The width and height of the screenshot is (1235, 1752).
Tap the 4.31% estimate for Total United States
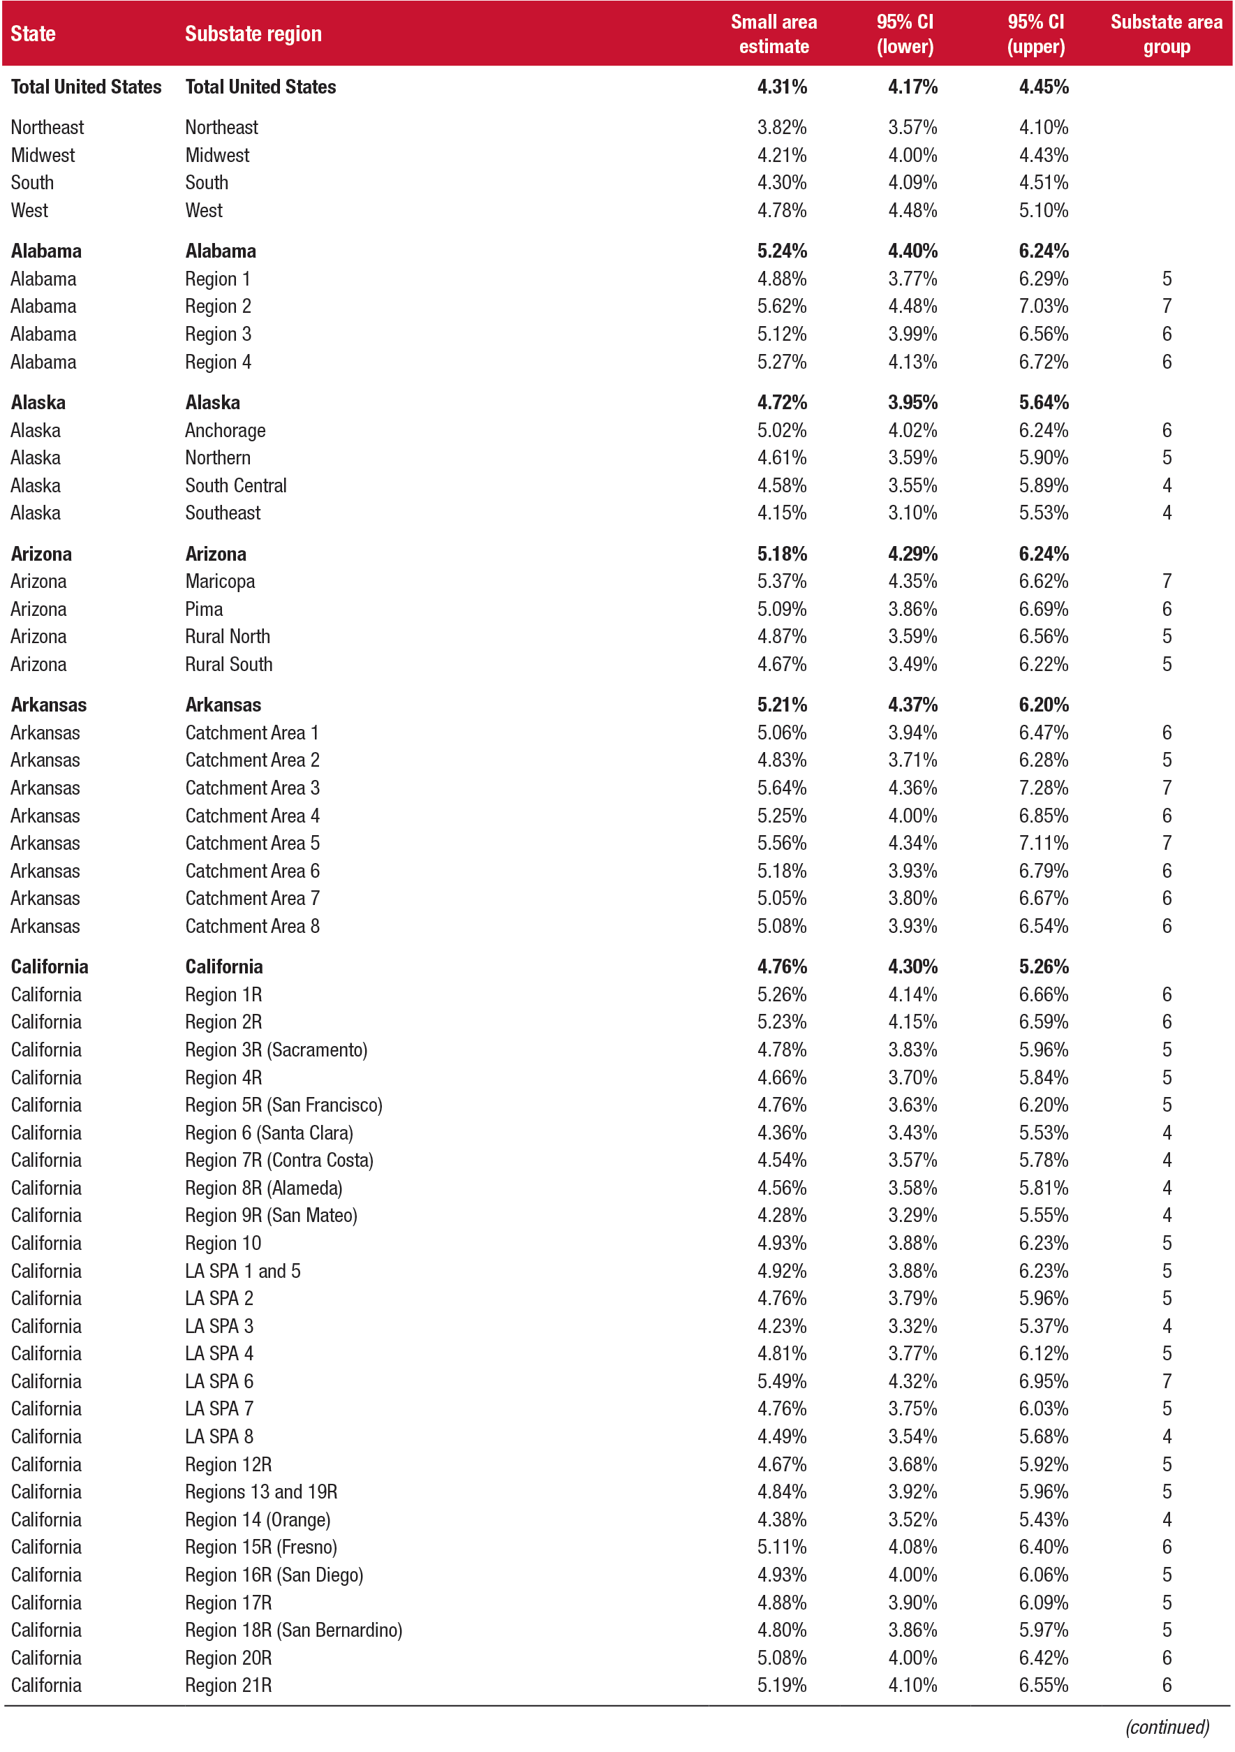(781, 87)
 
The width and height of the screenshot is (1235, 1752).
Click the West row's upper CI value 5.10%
(1043, 211)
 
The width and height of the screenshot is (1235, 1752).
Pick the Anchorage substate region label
(225, 430)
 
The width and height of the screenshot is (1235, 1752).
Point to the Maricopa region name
(220, 582)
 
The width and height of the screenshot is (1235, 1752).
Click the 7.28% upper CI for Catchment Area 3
(1043, 788)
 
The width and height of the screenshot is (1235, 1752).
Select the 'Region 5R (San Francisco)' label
(283, 1105)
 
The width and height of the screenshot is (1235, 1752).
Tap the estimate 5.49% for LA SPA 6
(781, 1381)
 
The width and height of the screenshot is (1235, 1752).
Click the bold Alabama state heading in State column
(46, 251)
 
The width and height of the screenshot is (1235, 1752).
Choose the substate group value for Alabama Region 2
(1166, 307)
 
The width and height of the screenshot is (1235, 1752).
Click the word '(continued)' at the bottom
(1167, 1727)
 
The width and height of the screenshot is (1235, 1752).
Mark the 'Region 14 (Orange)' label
(257, 1519)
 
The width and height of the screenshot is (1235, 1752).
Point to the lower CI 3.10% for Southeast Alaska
(912, 513)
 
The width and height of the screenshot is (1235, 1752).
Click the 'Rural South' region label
(228, 664)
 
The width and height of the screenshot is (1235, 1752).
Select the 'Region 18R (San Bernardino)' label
(293, 1630)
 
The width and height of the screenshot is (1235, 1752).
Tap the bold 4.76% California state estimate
(781, 967)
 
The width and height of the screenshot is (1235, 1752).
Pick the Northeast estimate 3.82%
(781, 127)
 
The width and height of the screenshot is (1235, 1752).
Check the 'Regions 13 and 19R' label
(260, 1492)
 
